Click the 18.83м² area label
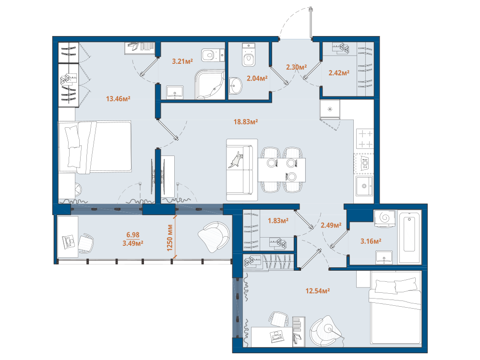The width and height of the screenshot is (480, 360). click(245, 122)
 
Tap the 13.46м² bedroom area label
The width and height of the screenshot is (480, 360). click(118, 98)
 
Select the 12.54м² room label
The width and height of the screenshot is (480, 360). click(317, 291)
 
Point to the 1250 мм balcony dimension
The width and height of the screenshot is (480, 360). click(170, 238)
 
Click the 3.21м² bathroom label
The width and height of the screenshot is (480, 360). click(182, 61)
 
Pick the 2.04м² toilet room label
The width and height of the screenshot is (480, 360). click(257, 78)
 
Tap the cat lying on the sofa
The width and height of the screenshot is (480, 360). click(236, 160)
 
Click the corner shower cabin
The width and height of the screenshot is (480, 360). click(210, 84)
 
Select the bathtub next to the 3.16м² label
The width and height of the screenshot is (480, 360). click(409, 236)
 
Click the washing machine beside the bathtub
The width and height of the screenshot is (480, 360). click(385, 218)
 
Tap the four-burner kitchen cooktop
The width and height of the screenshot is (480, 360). click(365, 139)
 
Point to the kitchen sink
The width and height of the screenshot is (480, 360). click(364, 186)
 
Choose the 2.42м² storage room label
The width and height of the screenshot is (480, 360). click(339, 73)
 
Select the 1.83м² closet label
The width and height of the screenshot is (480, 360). click(278, 220)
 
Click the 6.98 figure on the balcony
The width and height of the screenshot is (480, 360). click(133, 235)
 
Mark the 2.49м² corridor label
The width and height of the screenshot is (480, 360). click(331, 225)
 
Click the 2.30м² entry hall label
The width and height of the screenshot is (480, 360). click(296, 67)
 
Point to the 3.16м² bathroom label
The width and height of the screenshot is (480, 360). click(371, 241)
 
